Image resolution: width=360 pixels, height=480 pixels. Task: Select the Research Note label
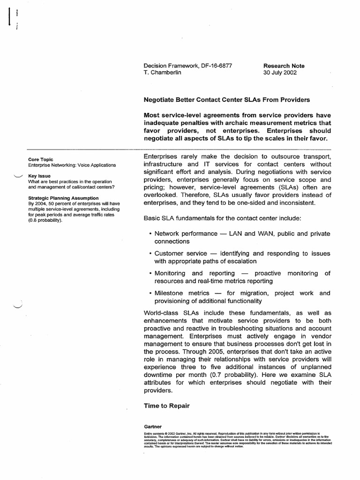click(x=284, y=66)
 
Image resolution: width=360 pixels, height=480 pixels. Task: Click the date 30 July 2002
click(x=280, y=73)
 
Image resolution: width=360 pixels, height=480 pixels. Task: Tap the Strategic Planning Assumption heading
click(x=63, y=198)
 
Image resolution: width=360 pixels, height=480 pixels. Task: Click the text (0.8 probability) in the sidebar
click(x=45, y=220)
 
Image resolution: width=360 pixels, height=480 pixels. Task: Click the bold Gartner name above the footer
click(x=153, y=427)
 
